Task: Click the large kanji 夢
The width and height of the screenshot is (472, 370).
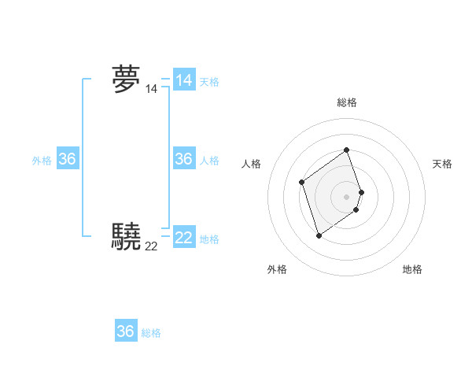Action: [126, 80]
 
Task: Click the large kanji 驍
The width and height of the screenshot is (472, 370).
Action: [126, 236]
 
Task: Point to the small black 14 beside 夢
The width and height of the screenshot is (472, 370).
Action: [151, 90]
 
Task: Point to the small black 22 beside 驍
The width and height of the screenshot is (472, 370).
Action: [151, 246]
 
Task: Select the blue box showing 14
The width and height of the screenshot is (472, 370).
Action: [184, 80]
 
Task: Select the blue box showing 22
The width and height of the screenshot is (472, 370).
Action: [184, 237]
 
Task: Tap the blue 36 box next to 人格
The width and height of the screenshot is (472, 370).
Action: [184, 159]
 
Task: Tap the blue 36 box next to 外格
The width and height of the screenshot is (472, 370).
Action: [68, 159]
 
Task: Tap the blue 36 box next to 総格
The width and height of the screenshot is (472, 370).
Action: [126, 331]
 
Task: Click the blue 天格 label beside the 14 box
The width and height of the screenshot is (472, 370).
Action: [209, 82]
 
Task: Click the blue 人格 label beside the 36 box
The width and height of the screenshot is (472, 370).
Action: [209, 161]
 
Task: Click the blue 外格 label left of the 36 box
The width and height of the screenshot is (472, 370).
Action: [42, 161]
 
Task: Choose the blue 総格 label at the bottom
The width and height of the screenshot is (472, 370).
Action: [151, 333]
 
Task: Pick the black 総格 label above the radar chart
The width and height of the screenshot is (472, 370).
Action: [346, 102]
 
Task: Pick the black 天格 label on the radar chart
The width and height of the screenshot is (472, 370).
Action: [443, 164]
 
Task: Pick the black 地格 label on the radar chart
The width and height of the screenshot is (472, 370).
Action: [412, 269]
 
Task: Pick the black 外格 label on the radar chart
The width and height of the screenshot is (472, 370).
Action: [277, 269]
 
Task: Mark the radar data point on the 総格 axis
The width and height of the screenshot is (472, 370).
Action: [346, 150]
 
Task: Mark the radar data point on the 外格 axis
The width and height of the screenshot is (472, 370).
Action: [319, 235]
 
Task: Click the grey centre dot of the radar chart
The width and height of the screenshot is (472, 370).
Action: [346, 196]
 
